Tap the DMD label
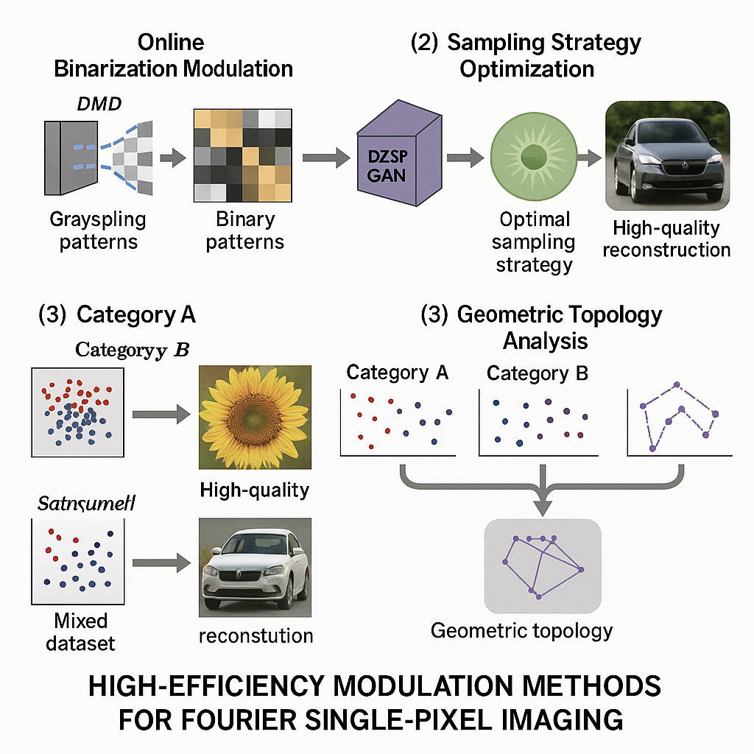click(x=100, y=104)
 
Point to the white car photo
click(x=254, y=568)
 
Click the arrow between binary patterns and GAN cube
click(x=325, y=156)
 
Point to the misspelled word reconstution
click(x=256, y=635)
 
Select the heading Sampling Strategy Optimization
click(x=525, y=55)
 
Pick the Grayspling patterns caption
click(x=97, y=230)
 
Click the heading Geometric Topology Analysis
click(x=541, y=327)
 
